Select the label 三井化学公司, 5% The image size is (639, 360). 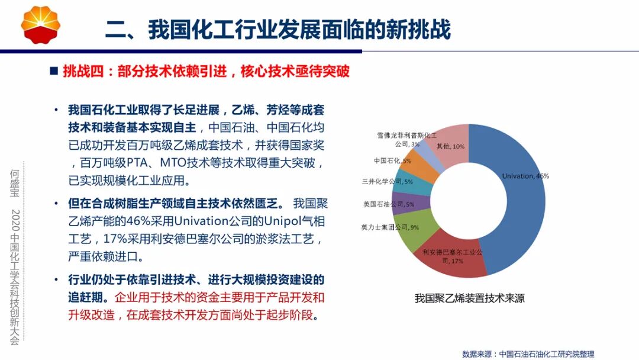point(387,182)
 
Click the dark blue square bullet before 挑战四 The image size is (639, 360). point(54,72)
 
